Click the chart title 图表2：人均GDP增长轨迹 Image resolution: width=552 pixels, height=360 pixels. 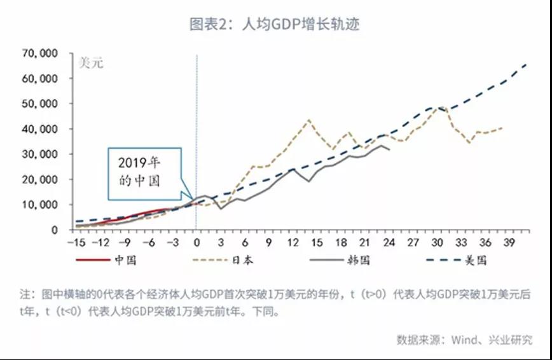(x=275, y=25)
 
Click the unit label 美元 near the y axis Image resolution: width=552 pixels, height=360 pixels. (x=90, y=63)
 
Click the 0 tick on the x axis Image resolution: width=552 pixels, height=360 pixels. (x=197, y=242)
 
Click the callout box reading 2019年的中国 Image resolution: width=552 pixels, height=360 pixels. (x=144, y=169)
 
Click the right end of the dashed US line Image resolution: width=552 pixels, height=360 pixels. (x=527, y=64)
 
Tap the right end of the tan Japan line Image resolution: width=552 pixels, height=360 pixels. (x=503, y=128)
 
